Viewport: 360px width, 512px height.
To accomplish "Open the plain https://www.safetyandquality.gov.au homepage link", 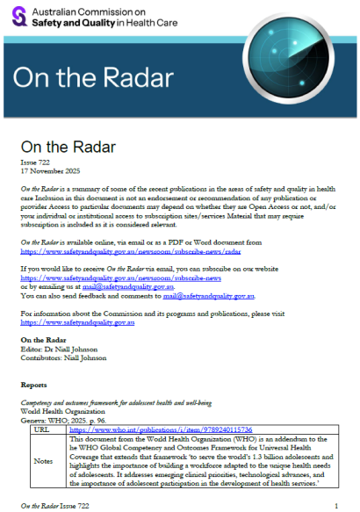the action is pos(77,323).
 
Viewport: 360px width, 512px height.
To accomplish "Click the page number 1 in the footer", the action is pos(337,507).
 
